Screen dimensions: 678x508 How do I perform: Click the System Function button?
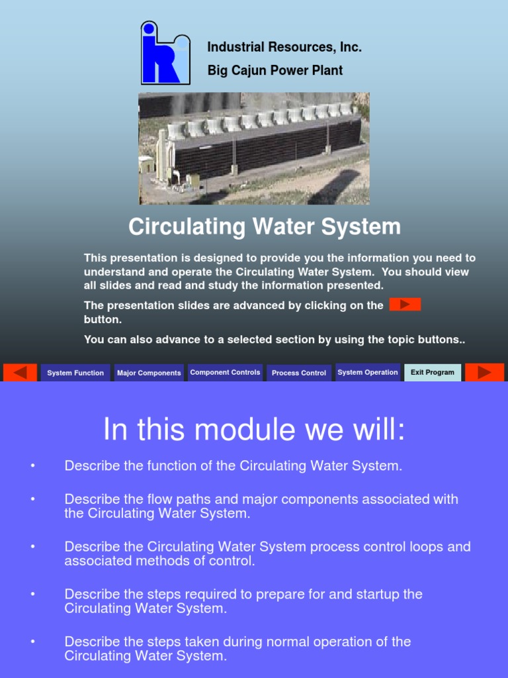(75, 373)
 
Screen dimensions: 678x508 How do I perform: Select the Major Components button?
(149, 373)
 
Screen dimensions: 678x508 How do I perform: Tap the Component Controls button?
(225, 372)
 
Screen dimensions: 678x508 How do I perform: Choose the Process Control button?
(299, 373)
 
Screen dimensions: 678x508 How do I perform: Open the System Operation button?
(368, 372)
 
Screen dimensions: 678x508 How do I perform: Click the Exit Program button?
(433, 372)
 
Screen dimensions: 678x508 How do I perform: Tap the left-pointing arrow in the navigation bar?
(20, 372)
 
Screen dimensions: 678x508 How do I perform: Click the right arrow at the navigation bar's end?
(485, 372)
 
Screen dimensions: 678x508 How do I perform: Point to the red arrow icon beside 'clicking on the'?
(405, 305)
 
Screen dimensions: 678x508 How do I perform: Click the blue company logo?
(165, 53)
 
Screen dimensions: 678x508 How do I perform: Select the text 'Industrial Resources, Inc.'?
(284, 47)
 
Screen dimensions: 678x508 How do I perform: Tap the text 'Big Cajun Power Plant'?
(275, 70)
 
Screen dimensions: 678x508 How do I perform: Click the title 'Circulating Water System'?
(265, 226)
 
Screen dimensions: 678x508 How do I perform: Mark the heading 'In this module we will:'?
(254, 431)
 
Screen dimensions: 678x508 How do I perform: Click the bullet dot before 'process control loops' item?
(32, 547)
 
